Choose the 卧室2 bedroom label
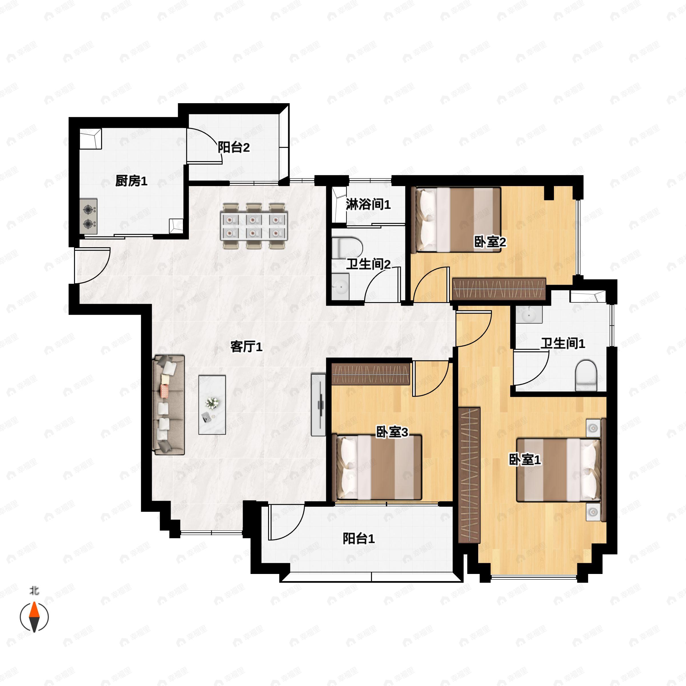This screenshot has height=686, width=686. click(x=490, y=242)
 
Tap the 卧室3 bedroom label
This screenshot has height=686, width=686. click(x=392, y=432)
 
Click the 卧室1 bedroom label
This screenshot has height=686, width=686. click(x=525, y=460)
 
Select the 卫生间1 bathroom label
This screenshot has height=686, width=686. click(x=563, y=343)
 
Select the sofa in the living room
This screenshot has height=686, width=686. click(x=169, y=405)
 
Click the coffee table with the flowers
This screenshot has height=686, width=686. click(x=212, y=405)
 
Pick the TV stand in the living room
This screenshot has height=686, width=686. click(x=318, y=404)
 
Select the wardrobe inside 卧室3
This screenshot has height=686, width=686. click(x=371, y=374)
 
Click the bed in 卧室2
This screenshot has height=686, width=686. click(x=456, y=220)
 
